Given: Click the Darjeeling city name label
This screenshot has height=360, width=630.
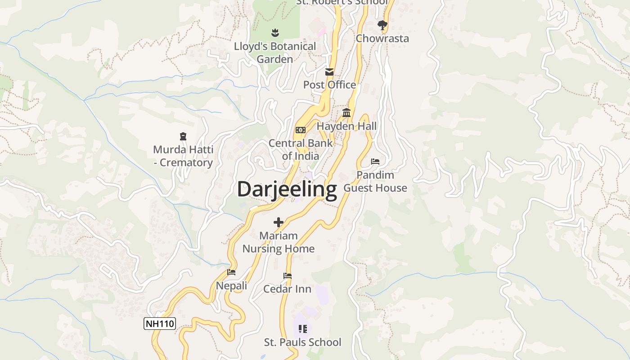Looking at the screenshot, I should (287, 189).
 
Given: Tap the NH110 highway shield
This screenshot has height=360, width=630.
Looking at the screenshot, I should (160, 323).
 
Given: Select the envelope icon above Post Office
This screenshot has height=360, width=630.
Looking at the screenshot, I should (329, 72).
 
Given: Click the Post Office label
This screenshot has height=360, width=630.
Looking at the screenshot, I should (329, 85).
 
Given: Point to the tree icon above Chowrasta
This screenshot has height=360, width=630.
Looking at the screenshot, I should (382, 25).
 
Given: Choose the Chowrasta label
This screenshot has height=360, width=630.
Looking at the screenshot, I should (382, 38).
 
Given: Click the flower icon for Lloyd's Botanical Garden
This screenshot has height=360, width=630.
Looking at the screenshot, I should (275, 32).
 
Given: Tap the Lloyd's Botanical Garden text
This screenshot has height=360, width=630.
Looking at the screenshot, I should (275, 53).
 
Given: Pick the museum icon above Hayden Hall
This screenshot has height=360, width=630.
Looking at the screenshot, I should (346, 112).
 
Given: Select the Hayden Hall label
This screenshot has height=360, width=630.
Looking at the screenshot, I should (346, 126).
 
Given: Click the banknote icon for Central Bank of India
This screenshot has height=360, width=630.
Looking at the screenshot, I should (300, 130).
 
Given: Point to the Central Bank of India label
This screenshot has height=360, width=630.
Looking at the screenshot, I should (301, 149).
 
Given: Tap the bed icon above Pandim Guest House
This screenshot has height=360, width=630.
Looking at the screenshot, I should (375, 162).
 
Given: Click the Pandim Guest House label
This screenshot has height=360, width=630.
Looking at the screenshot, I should (375, 181).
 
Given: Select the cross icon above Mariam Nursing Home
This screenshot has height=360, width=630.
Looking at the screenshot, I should (279, 222).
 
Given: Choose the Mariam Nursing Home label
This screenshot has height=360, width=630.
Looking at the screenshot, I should (279, 242).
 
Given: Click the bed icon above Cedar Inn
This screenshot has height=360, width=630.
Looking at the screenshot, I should (288, 276).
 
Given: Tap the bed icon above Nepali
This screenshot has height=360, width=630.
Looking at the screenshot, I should (231, 272).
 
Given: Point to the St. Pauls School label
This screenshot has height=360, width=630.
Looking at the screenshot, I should (302, 342).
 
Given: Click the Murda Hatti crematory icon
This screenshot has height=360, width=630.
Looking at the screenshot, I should (183, 136).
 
